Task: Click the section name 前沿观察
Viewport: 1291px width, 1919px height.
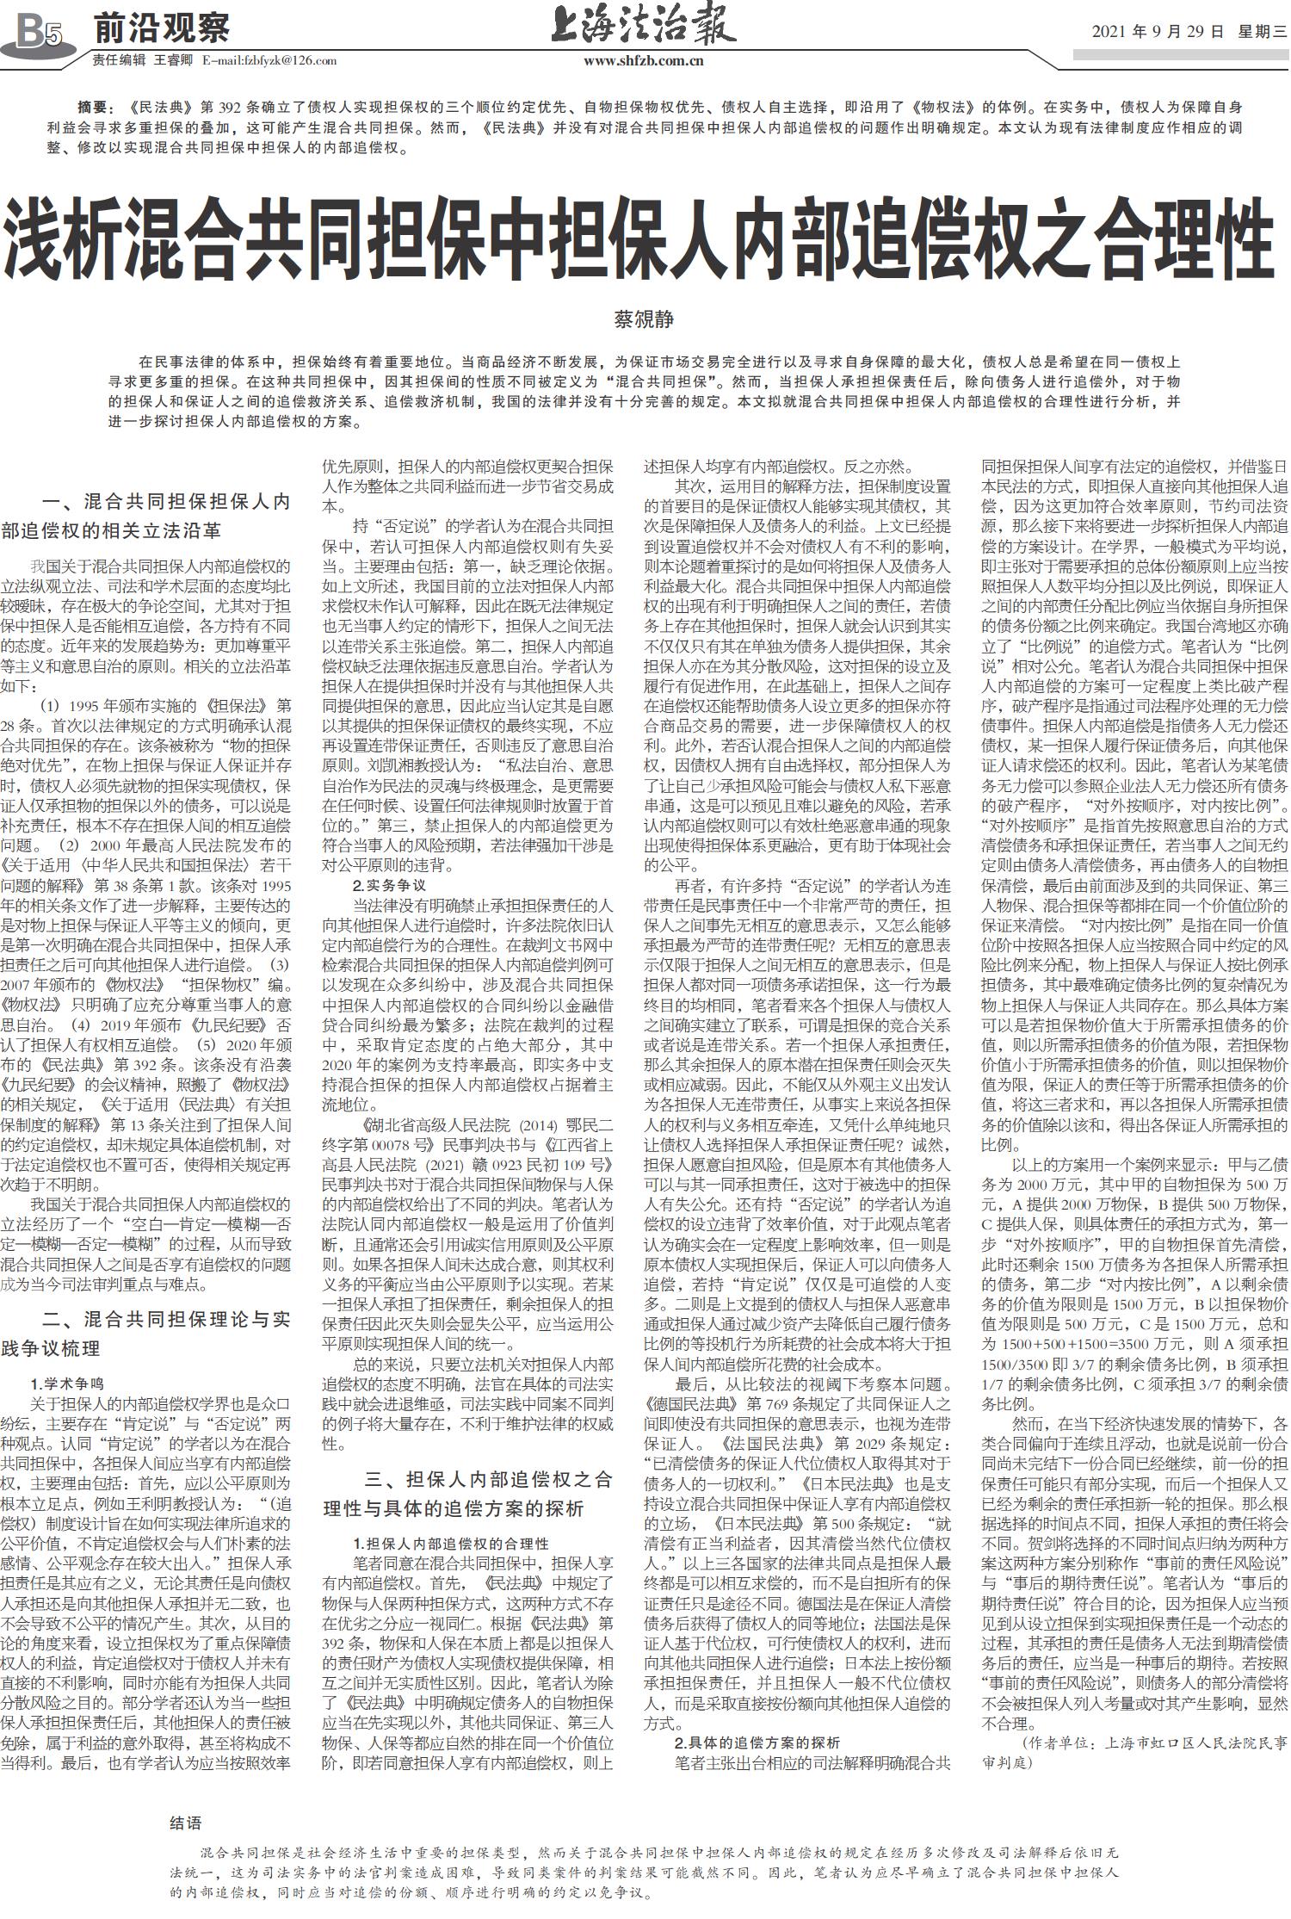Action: [x=161, y=29]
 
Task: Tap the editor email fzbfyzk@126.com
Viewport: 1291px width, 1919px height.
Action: [x=269, y=61]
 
